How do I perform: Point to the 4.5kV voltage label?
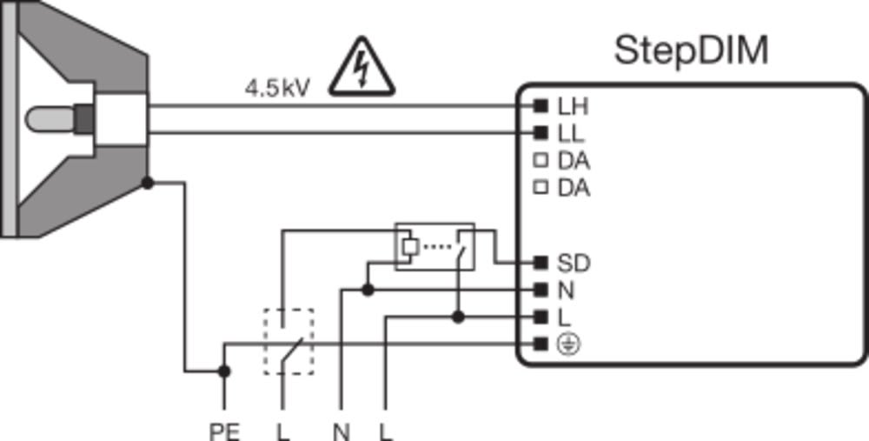276,88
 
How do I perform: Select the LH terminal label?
573,107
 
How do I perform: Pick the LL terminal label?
571,134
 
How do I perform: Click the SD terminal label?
573,263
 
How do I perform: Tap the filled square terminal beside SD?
541,263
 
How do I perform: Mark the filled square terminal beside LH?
541,107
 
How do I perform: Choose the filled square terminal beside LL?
541,134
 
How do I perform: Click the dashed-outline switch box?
289,342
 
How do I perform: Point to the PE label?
224,430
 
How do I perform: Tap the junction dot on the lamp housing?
148,183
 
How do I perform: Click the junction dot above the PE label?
224,371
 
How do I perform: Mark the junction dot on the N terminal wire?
368,290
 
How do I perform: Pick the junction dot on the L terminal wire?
459,317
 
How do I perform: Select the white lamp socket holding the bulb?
120,117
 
